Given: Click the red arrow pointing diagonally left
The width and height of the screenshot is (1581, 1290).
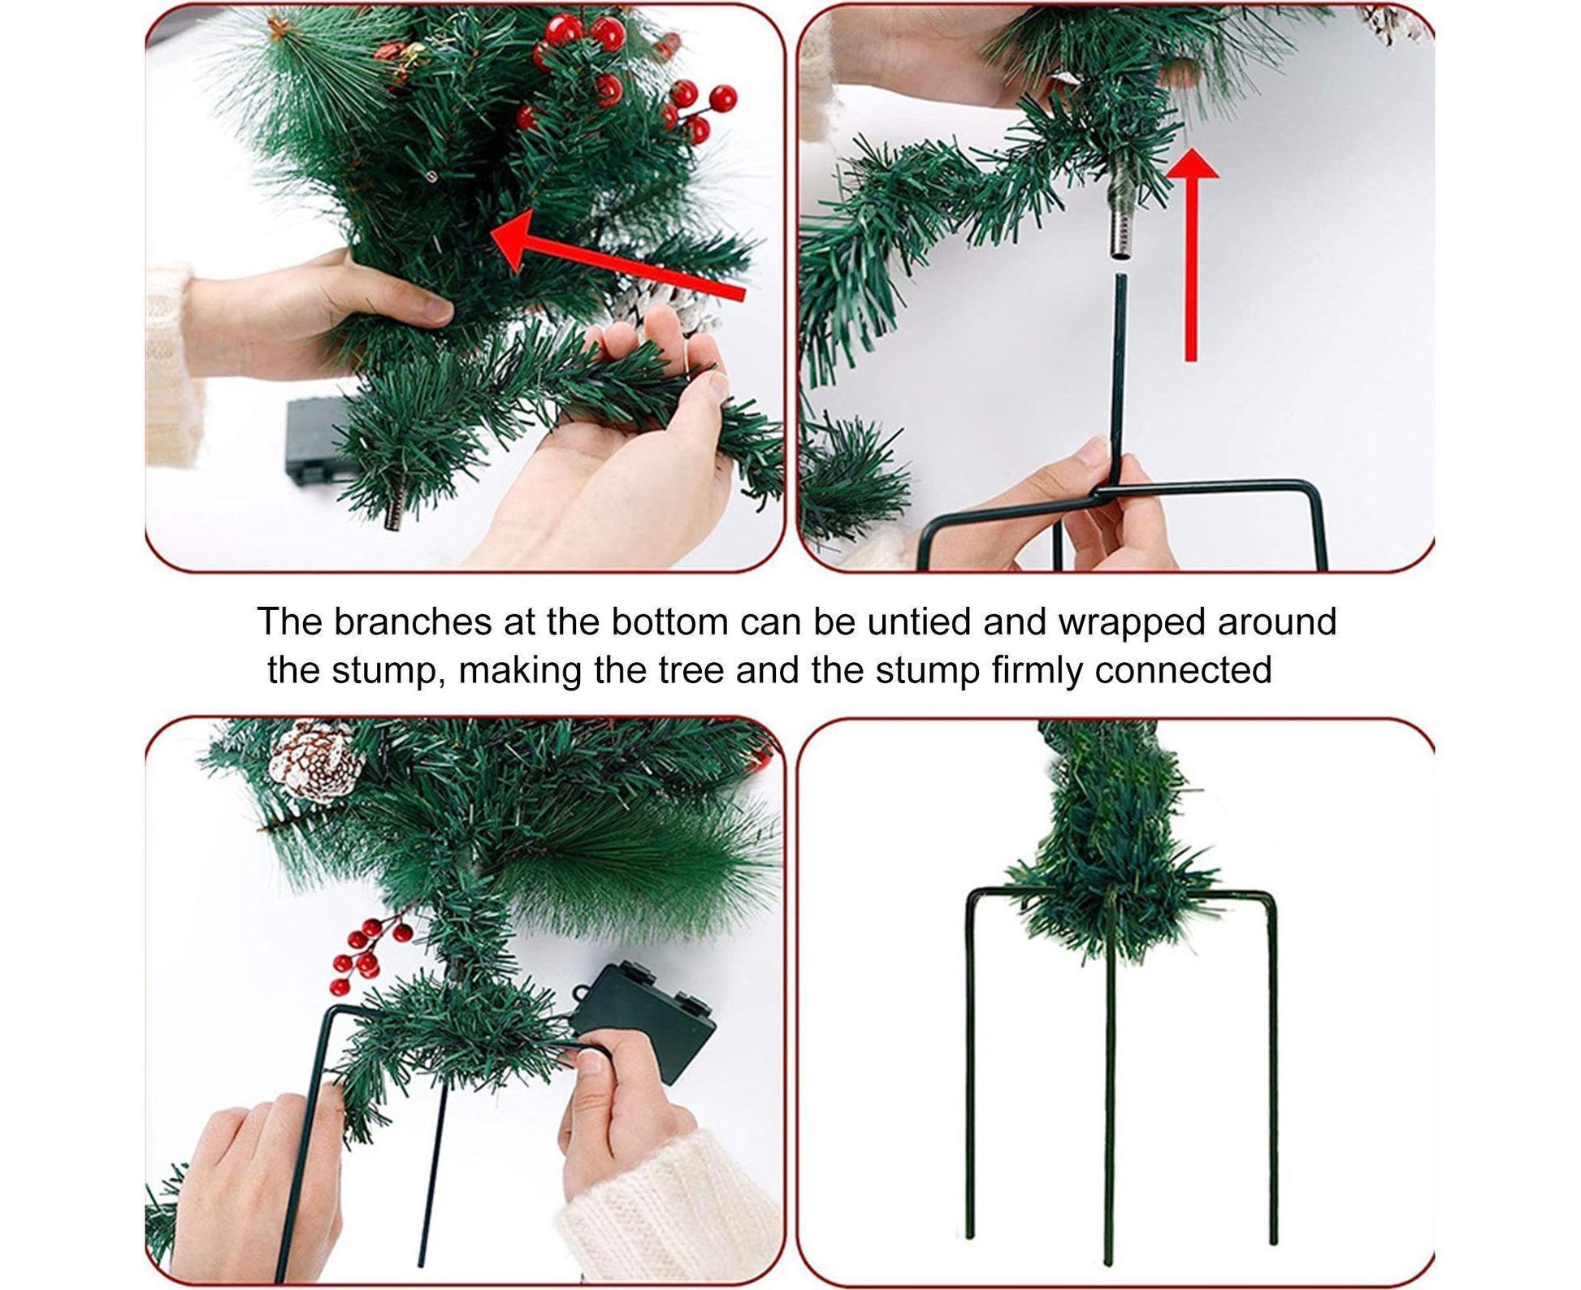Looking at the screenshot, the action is (617, 256).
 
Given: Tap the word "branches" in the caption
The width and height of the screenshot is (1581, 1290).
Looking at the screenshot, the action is (412, 622).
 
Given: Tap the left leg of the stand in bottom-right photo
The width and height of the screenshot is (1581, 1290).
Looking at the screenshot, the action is (970, 1072).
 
